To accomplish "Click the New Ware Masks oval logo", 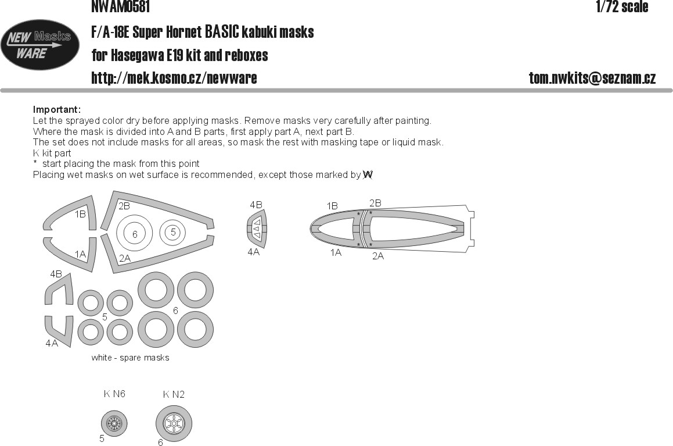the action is pyautogui.click(x=40, y=45).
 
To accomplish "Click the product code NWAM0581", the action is pyautogui.click(x=121, y=6).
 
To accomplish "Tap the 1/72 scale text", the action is pyautogui.click(x=622, y=6).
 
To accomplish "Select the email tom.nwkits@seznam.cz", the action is pyautogui.click(x=592, y=78).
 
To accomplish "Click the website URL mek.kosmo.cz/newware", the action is pyautogui.click(x=174, y=78).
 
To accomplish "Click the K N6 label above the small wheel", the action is pyautogui.click(x=114, y=394).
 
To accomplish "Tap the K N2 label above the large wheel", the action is pyautogui.click(x=174, y=394).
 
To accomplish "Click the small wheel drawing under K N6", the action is pyautogui.click(x=114, y=423).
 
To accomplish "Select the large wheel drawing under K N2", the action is pyautogui.click(x=174, y=424).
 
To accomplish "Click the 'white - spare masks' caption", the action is pyautogui.click(x=131, y=358).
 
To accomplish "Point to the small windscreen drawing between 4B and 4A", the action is pyautogui.click(x=256, y=228).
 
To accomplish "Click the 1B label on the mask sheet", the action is pyautogui.click(x=80, y=214).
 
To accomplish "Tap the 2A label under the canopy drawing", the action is pyautogui.click(x=378, y=256).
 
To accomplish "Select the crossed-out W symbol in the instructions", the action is pyautogui.click(x=368, y=175).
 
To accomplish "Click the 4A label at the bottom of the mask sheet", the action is pyautogui.click(x=52, y=343).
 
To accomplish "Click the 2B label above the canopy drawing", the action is pyautogui.click(x=375, y=203).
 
